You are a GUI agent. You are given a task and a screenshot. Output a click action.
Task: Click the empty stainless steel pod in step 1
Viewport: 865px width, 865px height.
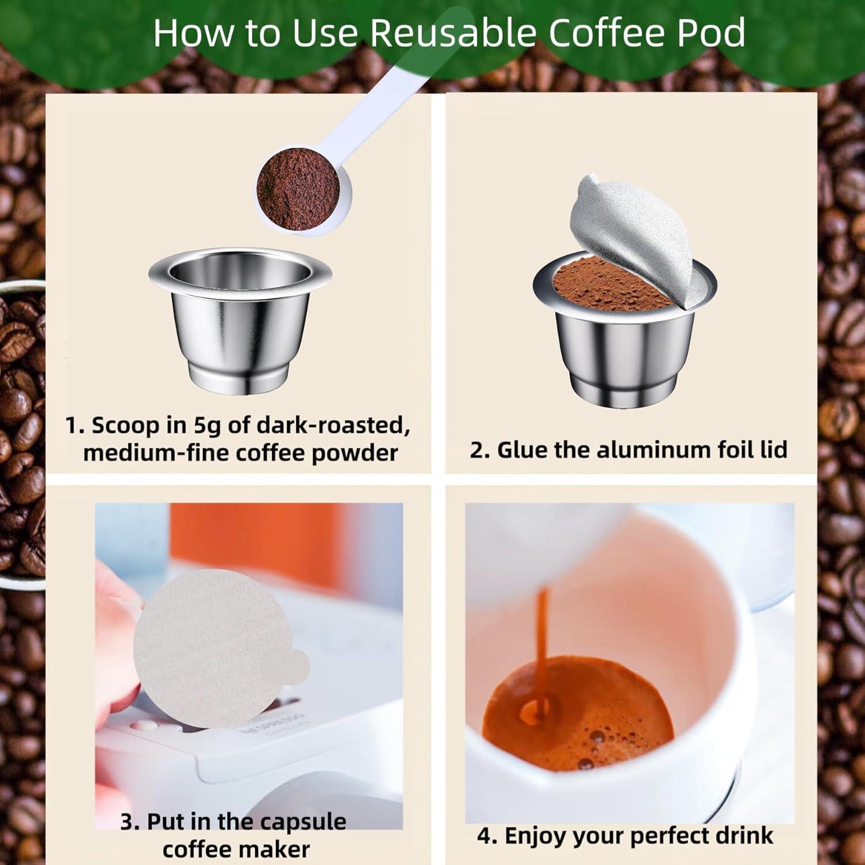240,329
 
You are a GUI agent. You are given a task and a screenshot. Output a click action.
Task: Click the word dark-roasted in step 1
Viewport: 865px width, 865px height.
333,426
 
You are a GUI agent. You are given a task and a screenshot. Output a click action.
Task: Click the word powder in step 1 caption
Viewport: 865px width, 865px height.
355,453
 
